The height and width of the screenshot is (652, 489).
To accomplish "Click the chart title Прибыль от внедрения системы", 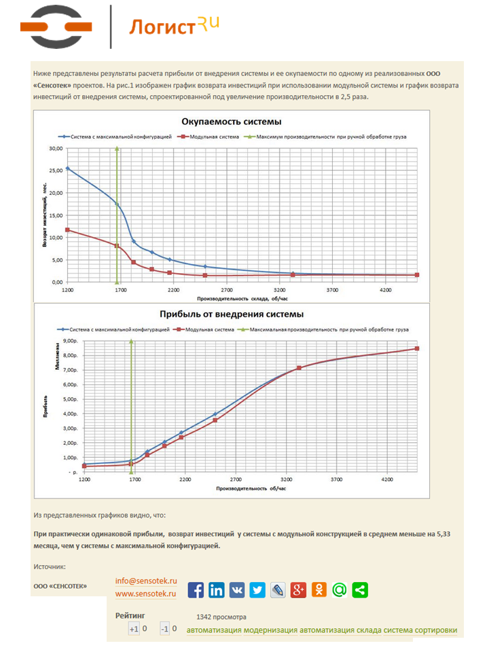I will point(231,314).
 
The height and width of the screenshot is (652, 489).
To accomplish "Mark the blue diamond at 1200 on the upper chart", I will point(67,168).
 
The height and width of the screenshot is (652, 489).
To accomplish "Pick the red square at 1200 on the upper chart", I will point(67,230).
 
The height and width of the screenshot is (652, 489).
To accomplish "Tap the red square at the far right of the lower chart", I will point(416,348).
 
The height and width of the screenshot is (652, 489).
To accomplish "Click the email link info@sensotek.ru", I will point(146,581).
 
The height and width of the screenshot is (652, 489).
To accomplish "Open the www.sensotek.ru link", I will point(146,594).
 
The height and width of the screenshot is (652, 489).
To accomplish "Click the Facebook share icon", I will point(196,590).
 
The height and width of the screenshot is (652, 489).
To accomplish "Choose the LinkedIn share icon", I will point(217,590).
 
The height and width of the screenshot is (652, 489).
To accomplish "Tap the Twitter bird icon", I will point(257,590).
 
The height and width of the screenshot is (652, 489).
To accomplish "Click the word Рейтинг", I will point(130,616).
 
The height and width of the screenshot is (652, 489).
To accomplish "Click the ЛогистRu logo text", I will point(173,27).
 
